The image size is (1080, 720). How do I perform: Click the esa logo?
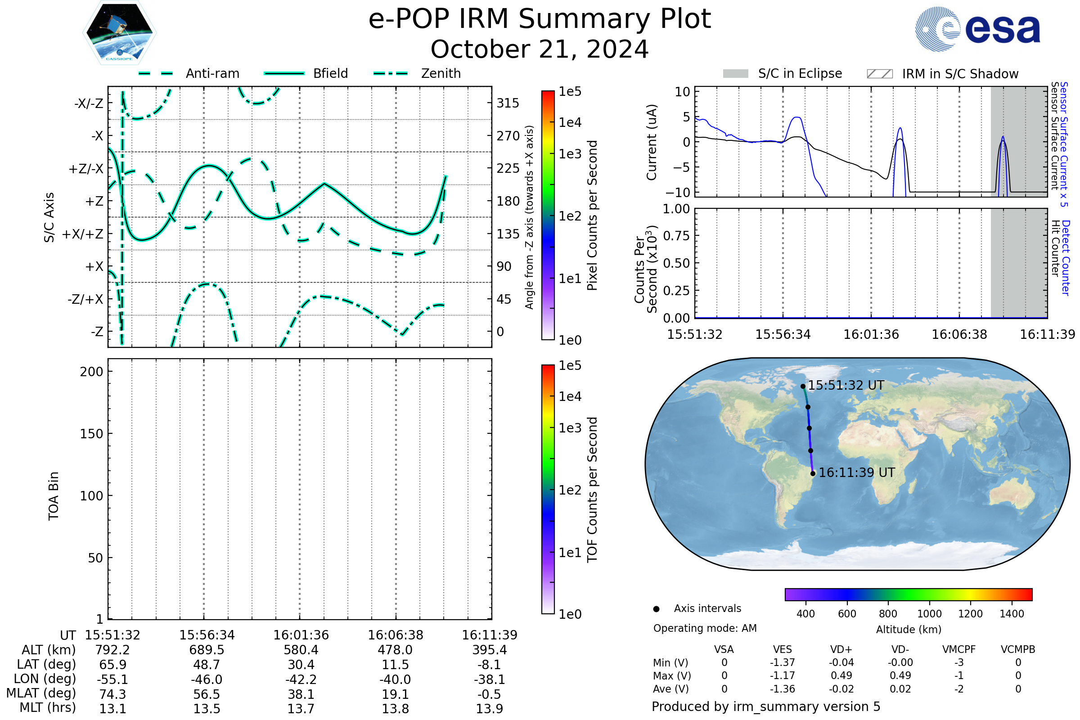click(x=977, y=28)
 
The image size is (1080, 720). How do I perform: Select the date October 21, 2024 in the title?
click(x=540, y=49)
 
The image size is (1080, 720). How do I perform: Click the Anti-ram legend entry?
click(x=189, y=73)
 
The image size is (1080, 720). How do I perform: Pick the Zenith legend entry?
click(x=417, y=73)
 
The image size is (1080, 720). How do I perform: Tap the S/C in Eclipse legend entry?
click(x=783, y=73)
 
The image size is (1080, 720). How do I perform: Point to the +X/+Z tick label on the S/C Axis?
click(x=83, y=234)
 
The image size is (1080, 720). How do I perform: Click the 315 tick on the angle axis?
click(x=508, y=103)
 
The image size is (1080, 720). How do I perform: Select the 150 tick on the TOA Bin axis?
click(x=91, y=434)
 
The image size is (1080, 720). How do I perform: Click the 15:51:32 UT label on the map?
click(x=846, y=385)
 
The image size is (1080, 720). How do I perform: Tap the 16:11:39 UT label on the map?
click(x=857, y=472)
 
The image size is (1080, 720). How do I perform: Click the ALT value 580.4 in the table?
click(x=301, y=650)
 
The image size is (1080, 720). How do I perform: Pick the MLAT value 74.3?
click(x=112, y=694)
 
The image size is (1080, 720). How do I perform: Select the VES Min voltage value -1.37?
click(x=783, y=662)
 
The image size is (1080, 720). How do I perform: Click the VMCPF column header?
click(x=959, y=649)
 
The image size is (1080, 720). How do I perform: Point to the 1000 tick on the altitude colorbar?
click(x=929, y=614)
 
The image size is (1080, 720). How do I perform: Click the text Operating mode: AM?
click(x=705, y=628)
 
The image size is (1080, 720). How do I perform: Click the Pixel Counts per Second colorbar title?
click(x=592, y=216)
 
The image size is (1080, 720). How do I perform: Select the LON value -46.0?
click(x=207, y=679)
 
